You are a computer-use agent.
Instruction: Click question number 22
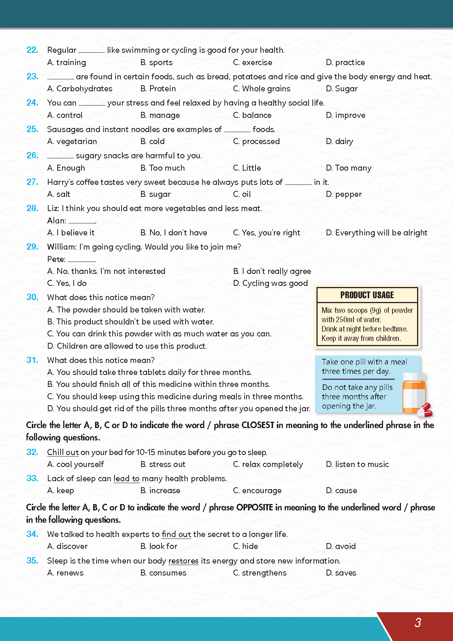[x=32, y=50]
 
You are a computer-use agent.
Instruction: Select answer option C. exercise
[x=252, y=62]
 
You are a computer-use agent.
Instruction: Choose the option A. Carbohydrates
[x=80, y=89]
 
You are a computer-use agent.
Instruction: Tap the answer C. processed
[x=256, y=141]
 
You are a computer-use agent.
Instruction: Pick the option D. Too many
[x=349, y=168]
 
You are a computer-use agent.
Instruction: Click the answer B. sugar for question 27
[x=156, y=194]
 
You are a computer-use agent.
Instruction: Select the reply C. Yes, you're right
[x=266, y=233]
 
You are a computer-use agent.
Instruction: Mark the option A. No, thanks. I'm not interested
[x=106, y=271]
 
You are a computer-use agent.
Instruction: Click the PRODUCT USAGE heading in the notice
[x=367, y=295]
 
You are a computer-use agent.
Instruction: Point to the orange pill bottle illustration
[x=413, y=393]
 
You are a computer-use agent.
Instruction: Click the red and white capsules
[x=425, y=410]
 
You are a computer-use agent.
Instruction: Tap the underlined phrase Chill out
[x=63, y=452]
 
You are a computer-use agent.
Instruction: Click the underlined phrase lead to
[x=126, y=478]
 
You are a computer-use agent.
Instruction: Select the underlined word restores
[x=183, y=561]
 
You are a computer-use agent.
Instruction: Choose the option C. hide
[x=245, y=546]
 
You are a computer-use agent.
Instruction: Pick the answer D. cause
[x=341, y=491]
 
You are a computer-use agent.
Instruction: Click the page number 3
[x=418, y=622]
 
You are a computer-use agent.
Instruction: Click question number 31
[x=32, y=360]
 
